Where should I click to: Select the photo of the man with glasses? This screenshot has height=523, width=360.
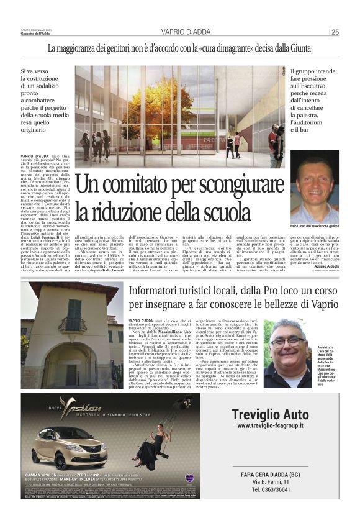pos(287,353)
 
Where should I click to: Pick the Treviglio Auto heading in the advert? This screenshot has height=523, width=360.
pos(270,415)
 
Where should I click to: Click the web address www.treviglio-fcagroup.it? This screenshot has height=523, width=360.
pos(270,426)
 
